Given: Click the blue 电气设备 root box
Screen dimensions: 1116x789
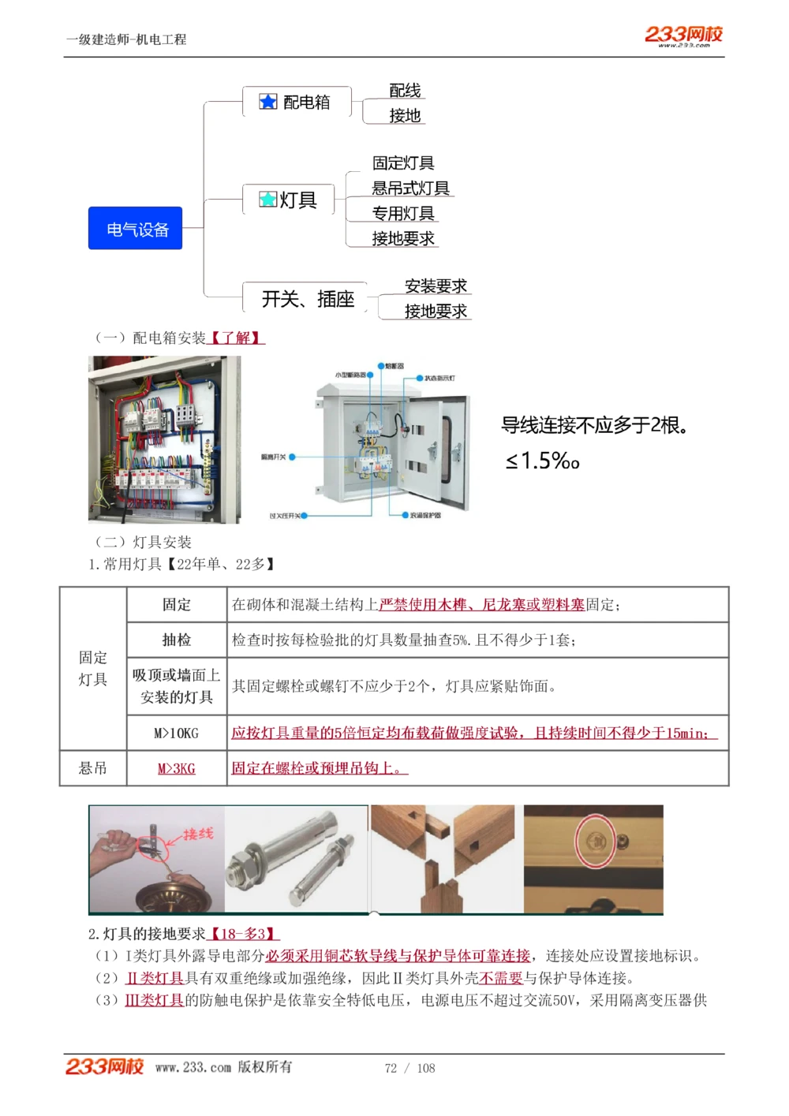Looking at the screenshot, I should click(x=135, y=229).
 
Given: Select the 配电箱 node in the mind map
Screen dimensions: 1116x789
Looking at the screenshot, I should click(x=296, y=102).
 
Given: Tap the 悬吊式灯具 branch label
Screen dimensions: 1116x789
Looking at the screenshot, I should click(x=410, y=188).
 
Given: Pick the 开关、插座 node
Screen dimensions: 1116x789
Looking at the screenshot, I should click(x=308, y=299).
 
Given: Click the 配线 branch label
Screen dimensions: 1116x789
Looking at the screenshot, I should click(x=405, y=91).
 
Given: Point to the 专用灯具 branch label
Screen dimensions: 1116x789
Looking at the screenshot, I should click(x=403, y=214).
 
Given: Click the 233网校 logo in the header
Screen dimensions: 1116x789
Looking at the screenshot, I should click(x=683, y=35).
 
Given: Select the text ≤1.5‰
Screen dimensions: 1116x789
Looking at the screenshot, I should click(x=542, y=461).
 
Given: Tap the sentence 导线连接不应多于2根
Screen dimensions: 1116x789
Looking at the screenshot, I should click(x=594, y=426).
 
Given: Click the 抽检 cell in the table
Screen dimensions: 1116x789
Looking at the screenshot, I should click(x=177, y=640).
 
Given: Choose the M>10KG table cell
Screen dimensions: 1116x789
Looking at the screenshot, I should click(x=177, y=733).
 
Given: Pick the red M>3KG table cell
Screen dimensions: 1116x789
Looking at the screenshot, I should click(x=177, y=768).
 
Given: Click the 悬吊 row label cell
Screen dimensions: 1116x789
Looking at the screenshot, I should click(x=93, y=768).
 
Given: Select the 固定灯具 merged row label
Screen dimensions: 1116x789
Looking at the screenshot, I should click(x=93, y=668).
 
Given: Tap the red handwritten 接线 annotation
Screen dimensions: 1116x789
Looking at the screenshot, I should click(x=198, y=834).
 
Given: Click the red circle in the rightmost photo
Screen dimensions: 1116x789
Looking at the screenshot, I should click(x=595, y=842).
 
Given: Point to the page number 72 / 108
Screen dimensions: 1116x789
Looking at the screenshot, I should click(x=409, y=1068).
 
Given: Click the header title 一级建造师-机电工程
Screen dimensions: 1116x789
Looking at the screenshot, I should click(x=126, y=39).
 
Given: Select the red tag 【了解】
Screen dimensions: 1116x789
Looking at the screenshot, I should click(x=236, y=338).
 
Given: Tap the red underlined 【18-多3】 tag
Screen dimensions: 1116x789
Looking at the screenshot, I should click(x=243, y=934).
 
